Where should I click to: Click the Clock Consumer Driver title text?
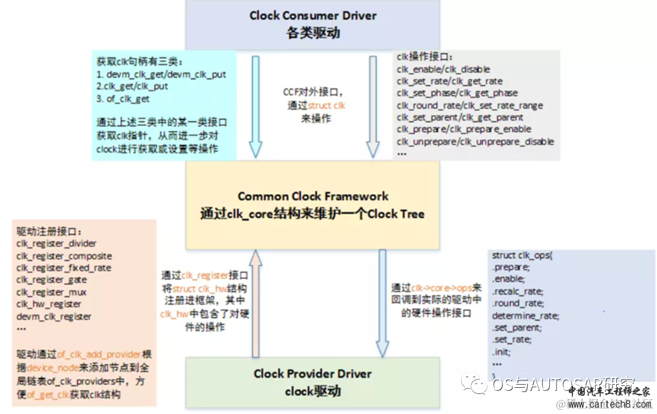click(x=313, y=16)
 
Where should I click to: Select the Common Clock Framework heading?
click(x=313, y=196)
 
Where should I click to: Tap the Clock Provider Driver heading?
click(x=312, y=373)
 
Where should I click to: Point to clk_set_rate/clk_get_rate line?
click(x=450, y=81)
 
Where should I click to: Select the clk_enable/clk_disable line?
click(x=443, y=69)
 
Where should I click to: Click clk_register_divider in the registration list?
click(x=56, y=244)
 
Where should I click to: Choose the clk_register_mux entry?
click(x=52, y=292)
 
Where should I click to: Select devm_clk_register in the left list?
click(x=54, y=317)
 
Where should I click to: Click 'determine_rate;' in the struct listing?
click(x=525, y=315)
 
